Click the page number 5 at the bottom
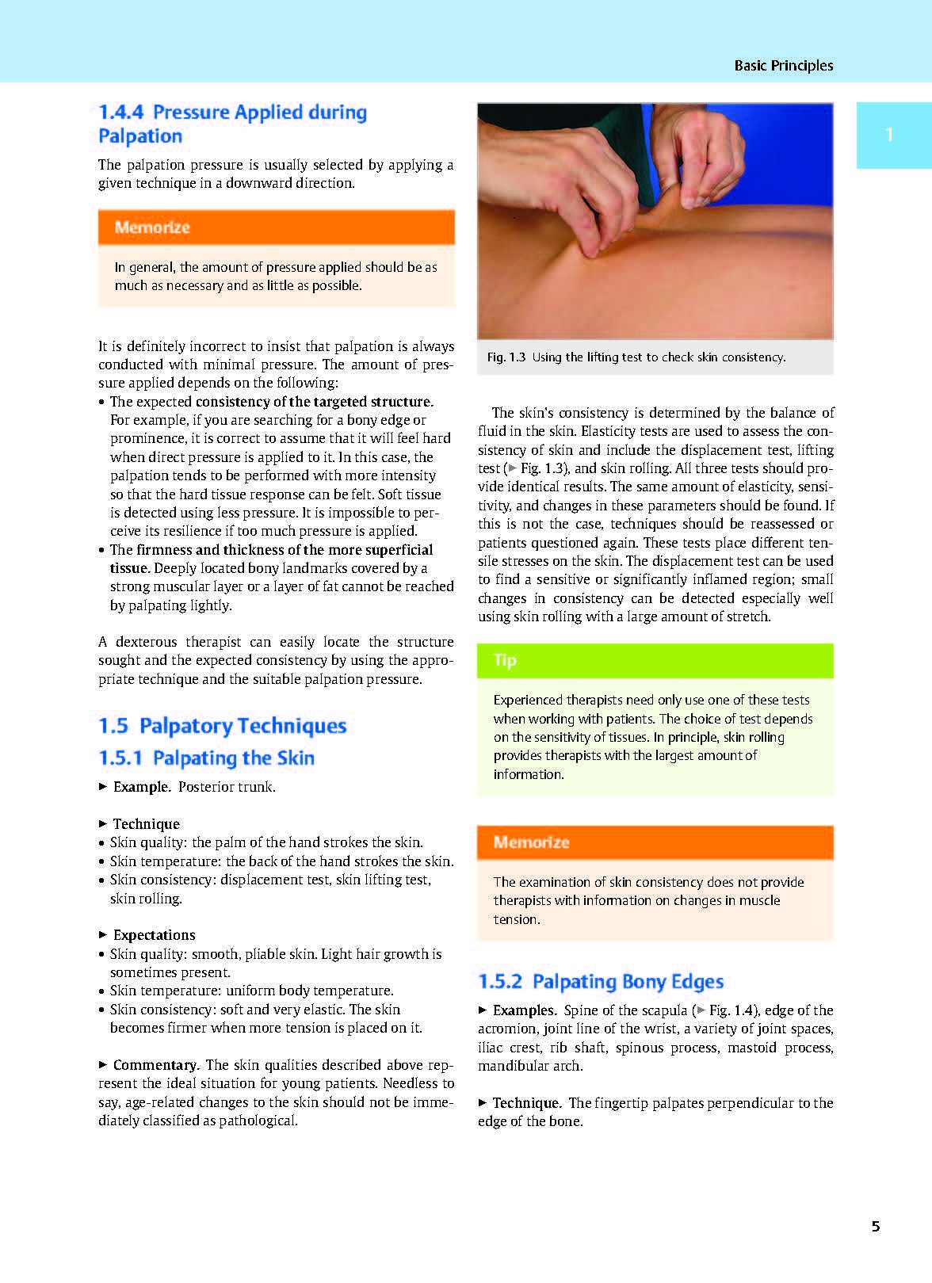click(x=875, y=1227)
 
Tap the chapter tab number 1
click(x=889, y=135)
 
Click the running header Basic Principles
click(x=783, y=66)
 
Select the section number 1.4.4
click(x=121, y=113)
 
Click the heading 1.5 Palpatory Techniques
click(x=223, y=726)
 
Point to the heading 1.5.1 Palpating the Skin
click(x=207, y=758)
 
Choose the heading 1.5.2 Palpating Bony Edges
click(x=601, y=982)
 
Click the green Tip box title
click(x=505, y=660)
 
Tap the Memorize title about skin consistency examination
click(x=531, y=842)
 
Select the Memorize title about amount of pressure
click(x=152, y=227)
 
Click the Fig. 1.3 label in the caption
click(x=506, y=357)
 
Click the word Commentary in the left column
click(x=155, y=1065)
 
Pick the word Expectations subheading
click(x=154, y=935)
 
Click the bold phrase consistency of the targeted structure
click(x=315, y=402)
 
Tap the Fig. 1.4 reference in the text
click(x=730, y=1010)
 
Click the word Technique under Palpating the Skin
click(x=146, y=824)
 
